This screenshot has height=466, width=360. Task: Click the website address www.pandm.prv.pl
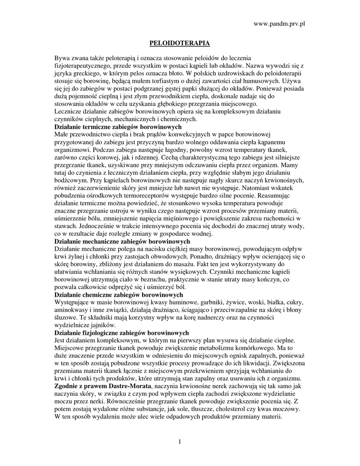pyautogui.click(x=279, y=23)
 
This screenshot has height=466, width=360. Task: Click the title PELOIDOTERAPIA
pyautogui.click(x=180, y=43)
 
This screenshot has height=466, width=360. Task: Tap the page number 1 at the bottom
pyautogui.click(x=180, y=441)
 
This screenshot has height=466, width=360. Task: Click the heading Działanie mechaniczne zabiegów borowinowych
pyautogui.click(x=122, y=241)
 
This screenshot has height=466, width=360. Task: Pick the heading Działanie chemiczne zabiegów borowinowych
pyautogui.click(x=119, y=295)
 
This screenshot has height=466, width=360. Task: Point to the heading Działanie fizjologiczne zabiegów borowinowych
pyautogui.click(x=122, y=333)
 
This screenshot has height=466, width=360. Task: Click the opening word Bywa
pyautogui.click(x=62, y=58)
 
